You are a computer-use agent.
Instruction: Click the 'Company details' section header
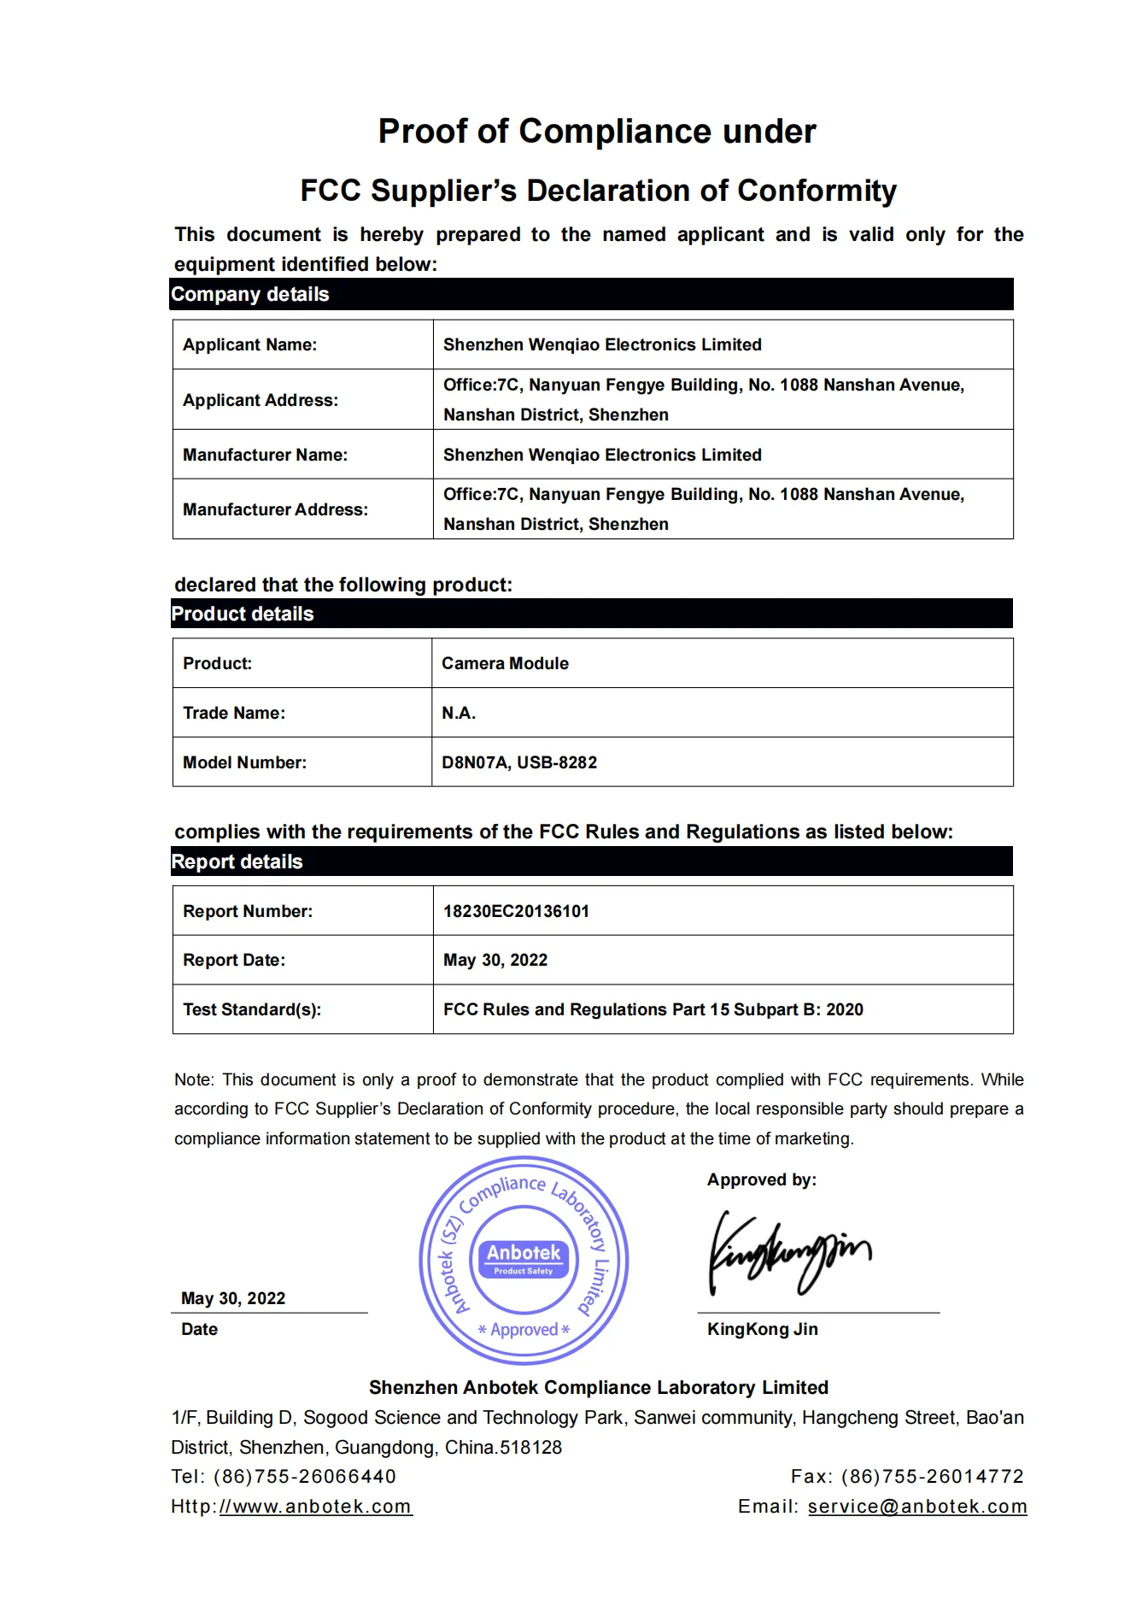[x=249, y=295]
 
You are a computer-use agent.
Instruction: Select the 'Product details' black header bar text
[x=243, y=614]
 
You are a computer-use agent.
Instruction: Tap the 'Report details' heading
[x=237, y=862]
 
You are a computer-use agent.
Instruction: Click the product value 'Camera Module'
[x=505, y=664]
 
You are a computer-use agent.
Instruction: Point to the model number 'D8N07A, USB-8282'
[x=519, y=763]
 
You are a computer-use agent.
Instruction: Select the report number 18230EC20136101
[x=516, y=912]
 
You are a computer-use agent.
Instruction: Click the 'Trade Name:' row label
[x=234, y=714]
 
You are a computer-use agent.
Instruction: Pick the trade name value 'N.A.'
[x=459, y=714]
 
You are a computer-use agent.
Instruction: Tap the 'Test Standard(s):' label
[x=252, y=1010]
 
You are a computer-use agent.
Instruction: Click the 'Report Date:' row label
[x=234, y=961]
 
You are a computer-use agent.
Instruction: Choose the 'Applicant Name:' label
[x=249, y=345]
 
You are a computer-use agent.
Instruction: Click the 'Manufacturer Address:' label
[x=275, y=510]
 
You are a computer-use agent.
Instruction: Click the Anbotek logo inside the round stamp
[x=524, y=1259]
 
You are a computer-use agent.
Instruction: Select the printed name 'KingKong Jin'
[x=762, y=1330]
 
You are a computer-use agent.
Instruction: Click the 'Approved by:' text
[x=761, y=1180]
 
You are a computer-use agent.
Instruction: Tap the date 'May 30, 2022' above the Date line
[x=233, y=1299]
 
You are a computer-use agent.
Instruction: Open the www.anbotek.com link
[x=316, y=1507]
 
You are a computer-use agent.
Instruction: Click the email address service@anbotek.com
[x=916, y=1507]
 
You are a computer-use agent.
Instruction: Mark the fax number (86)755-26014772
[x=932, y=1477]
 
